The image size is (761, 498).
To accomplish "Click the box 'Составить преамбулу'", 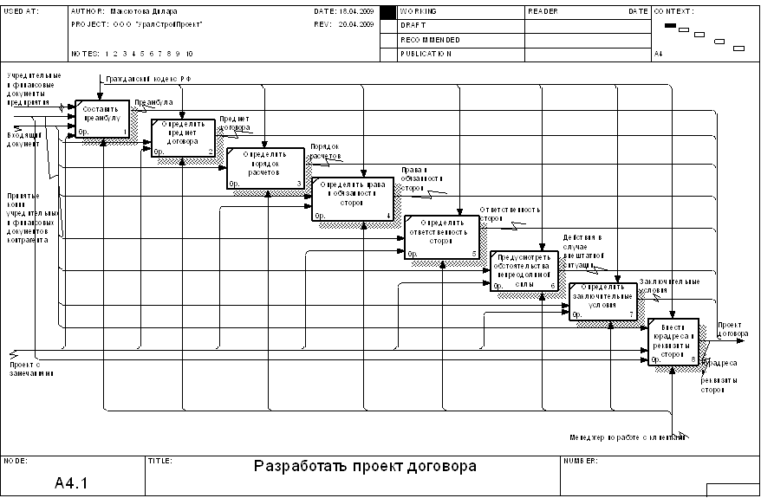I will (x=102, y=119).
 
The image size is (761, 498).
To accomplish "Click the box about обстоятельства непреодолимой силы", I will (x=524, y=270).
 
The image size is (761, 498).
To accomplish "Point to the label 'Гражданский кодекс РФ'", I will (x=148, y=79).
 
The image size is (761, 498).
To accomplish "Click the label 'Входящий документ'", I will (x=23, y=139).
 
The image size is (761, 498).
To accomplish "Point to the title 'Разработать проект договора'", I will (x=365, y=467).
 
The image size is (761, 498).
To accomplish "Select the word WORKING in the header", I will (x=419, y=11).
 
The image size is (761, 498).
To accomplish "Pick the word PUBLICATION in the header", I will (x=426, y=54).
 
